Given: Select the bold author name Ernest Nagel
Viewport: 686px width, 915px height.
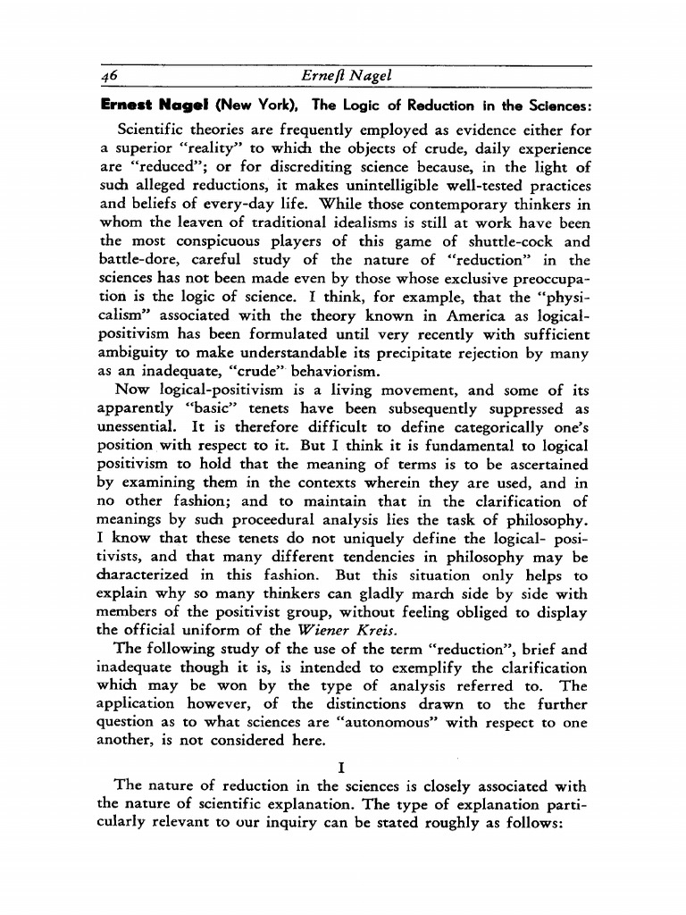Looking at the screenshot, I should [x=146, y=104].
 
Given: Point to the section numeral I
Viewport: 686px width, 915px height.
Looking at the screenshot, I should [x=343, y=767].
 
